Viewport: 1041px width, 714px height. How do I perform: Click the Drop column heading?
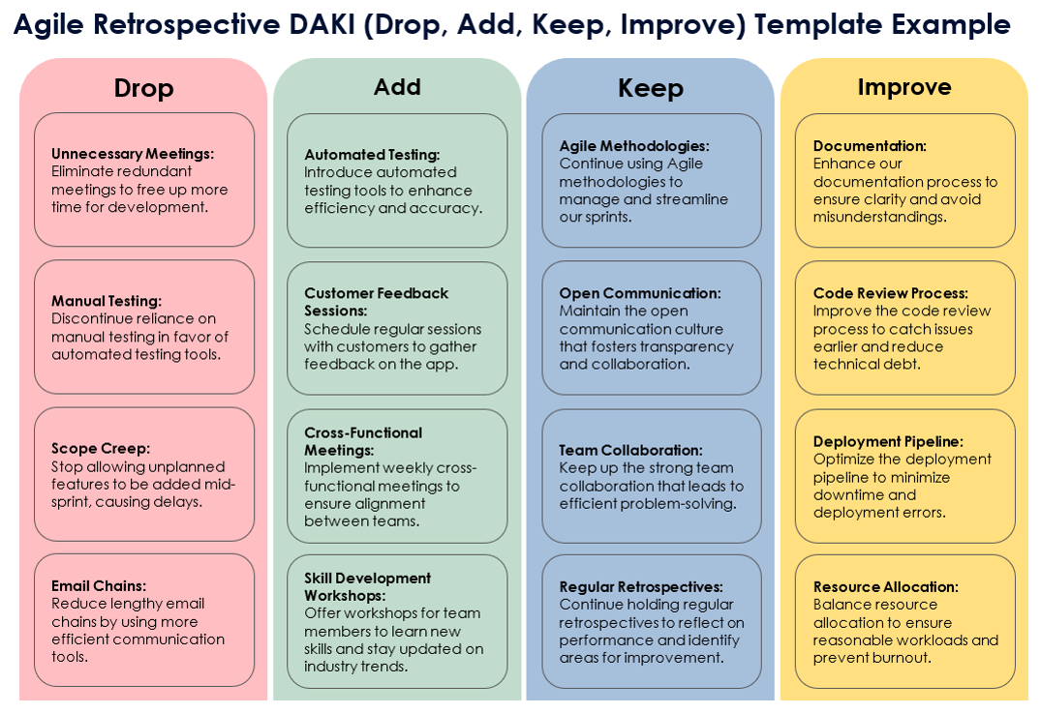[x=143, y=88]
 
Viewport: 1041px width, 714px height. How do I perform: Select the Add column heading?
[x=397, y=87]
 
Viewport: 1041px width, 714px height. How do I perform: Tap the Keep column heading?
[x=651, y=88]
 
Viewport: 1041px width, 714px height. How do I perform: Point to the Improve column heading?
[x=904, y=87]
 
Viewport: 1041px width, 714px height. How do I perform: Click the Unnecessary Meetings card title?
[x=133, y=154]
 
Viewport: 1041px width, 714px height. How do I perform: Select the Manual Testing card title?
[x=107, y=301]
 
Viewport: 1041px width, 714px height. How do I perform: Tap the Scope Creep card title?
[x=101, y=449]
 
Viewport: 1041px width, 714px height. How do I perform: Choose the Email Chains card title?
[x=99, y=586]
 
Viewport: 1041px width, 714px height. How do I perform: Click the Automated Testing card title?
[x=372, y=155]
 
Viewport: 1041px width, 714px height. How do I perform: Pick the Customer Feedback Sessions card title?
[x=376, y=302]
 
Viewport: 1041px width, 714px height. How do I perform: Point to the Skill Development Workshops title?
[x=367, y=586]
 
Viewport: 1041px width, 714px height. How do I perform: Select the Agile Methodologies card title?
[x=634, y=146]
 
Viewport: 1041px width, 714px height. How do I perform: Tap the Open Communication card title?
[x=640, y=293]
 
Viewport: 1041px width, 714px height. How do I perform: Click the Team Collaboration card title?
[x=630, y=450]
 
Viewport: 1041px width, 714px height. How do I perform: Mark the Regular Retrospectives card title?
[x=641, y=587]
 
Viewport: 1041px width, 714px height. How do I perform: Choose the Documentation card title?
[x=870, y=146]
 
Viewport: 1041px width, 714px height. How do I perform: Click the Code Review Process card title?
[x=891, y=293]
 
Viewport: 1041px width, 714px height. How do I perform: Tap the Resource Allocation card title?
[x=886, y=587]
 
